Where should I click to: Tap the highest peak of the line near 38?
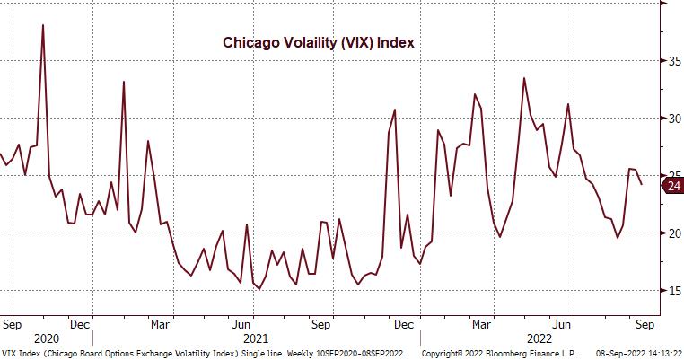tap(42, 25)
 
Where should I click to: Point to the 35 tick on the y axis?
tap(671, 60)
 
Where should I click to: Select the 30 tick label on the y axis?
tap(671, 118)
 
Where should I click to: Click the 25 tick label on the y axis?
tap(671, 175)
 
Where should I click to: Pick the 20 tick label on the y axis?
tap(671, 233)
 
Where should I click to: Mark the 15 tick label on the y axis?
tap(671, 290)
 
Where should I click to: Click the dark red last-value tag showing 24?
tap(672, 186)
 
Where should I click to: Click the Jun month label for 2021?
tap(241, 324)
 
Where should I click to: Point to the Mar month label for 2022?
tap(482, 324)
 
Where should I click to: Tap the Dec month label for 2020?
tap(78, 324)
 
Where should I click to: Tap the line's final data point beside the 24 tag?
tap(640, 184)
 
